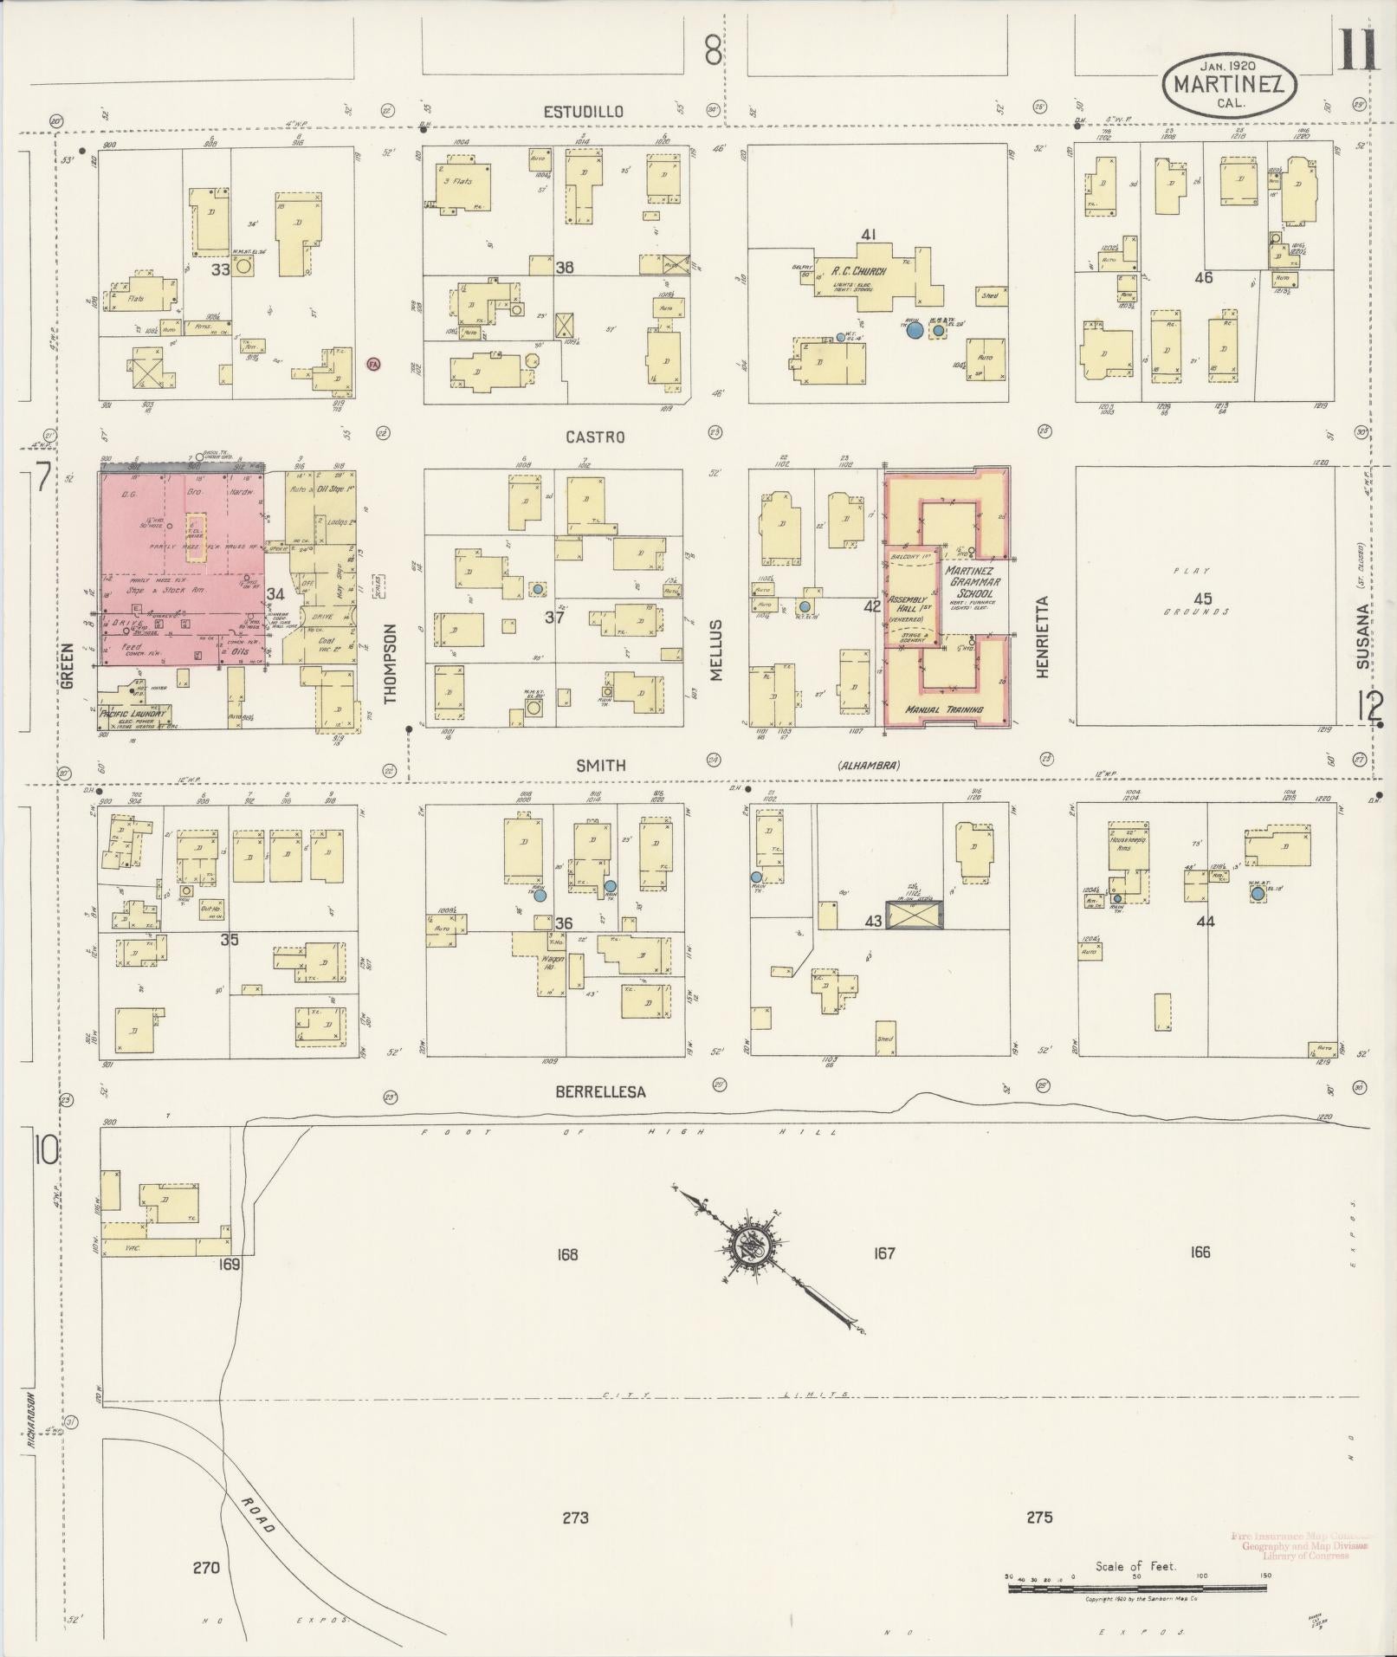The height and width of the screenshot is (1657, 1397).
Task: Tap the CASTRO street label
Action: [x=595, y=437]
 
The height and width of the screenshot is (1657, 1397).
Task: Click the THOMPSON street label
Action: [x=391, y=663]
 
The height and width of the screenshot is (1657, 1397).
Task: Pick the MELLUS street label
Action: [x=716, y=651]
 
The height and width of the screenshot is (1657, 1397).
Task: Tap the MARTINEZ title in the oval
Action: [x=1228, y=85]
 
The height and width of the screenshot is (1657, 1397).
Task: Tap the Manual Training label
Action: [x=944, y=709]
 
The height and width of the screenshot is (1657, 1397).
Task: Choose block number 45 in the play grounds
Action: [x=1202, y=599]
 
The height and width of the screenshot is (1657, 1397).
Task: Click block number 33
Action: [x=221, y=269]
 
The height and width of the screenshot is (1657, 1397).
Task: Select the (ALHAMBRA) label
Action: [x=869, y=765]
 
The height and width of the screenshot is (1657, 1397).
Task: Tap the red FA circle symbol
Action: [x=374, y=365]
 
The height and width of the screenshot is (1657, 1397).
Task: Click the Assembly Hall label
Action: [x=908, y=604]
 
